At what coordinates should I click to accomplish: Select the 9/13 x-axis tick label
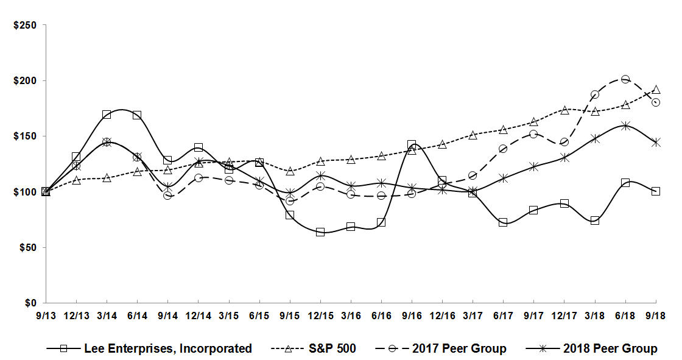tap(46, 316)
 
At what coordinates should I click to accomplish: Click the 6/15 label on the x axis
tap(259, 316)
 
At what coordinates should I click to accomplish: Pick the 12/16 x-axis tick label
tap(442, 316)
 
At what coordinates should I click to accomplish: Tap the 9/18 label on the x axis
tap(656, 316)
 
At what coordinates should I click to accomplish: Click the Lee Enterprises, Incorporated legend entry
tap(149, 348)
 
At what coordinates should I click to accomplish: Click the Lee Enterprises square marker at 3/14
tap(107, 115)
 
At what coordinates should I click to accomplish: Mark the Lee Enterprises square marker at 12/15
tap(320, 232)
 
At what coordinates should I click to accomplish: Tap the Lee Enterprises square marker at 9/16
tap(412, 145)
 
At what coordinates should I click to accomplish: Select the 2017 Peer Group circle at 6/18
tap(625, 79)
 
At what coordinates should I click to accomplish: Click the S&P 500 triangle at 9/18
tap(656, 90)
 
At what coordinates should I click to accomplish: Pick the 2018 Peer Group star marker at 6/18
tap(625, 126)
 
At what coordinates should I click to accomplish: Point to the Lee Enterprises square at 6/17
tap(503, 222)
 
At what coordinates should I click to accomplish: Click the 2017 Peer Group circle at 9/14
tap(167, 195)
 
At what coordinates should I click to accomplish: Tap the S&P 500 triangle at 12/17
tap(564, 110)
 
